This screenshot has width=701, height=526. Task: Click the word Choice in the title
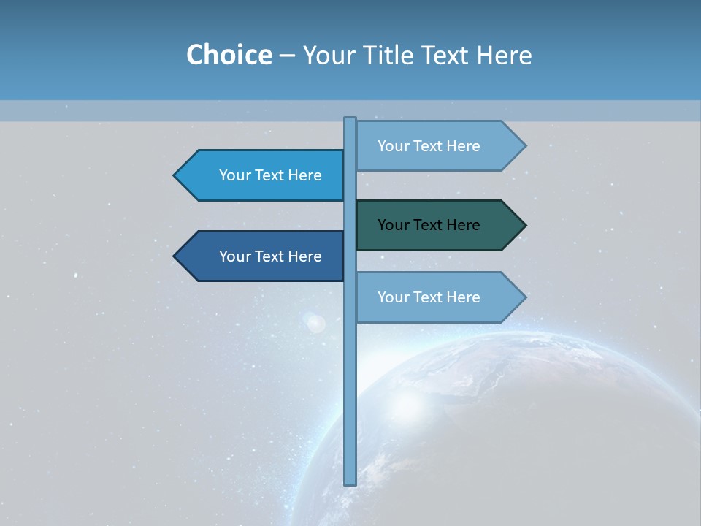click(x=229, y=56)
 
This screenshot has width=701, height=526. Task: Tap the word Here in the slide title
click(x=504, y=56)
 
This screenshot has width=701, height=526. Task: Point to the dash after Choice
click(x=287, y=56)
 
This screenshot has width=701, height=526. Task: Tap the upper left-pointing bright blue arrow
click(x=263, y=175)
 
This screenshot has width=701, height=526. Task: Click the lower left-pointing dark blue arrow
click(x=263, y=256)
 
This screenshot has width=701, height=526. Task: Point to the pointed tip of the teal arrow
click(x=524, y=225)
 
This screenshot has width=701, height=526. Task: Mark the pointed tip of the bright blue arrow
click(x=175, y=175)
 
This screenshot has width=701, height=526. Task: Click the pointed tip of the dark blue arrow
click(x=175, y=256)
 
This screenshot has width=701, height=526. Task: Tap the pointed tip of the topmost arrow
click(x=524, y=146)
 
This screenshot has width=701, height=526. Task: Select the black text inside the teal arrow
click(x=429, y=225)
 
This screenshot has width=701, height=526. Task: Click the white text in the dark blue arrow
click(x=270, y=256)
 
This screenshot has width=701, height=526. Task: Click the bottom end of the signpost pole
click(x=350, y=481)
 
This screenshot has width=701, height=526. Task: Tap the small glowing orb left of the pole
click(x=315, y=323)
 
